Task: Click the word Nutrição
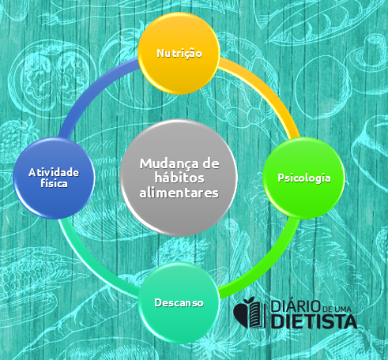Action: [x=179, y=54]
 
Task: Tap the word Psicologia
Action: [x=304, y=178]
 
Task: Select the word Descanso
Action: [x=179, y=302]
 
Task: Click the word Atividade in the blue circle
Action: [x=54, y=172]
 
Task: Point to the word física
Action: [x=54, y=183]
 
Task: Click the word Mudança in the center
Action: [x=165, y=164]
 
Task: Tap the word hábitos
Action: [x=179, y=178]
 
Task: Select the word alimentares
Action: [x=179, y=193]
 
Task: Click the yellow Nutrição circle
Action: [x=179, y=54]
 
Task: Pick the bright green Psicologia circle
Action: [x=304, y=178]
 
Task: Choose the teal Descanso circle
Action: [x=179, y=302]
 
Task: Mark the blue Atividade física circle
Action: [x=54, y=178]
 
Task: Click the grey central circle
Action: [x=179, y=178]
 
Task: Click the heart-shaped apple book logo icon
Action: [x=249, y=313]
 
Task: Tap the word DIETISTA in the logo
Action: [x=314, y=321]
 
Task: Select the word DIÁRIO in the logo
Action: [x=296, y=306]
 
